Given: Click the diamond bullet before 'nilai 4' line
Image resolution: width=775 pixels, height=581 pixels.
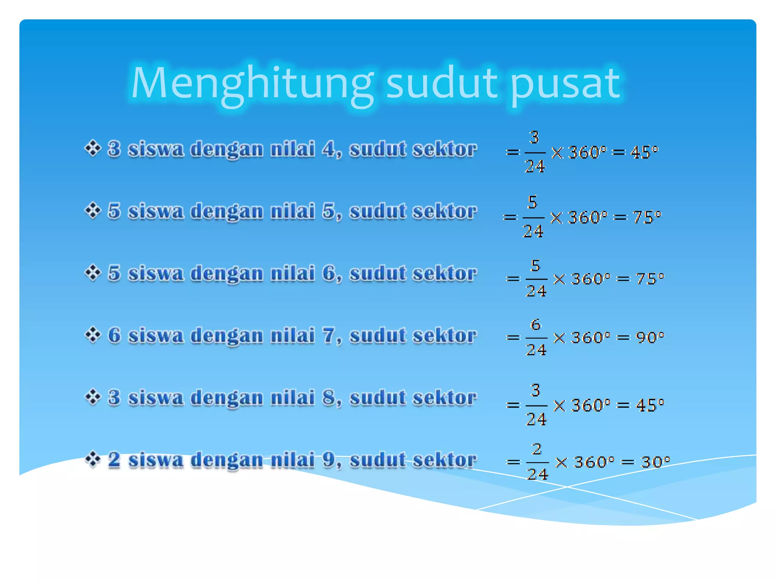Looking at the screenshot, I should pos(93,148).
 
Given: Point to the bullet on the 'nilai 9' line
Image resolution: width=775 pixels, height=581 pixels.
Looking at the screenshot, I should pos(93,459).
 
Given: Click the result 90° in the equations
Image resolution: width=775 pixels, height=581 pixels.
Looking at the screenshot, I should pos(650,337).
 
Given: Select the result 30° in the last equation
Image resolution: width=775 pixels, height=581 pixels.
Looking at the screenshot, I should pos(655,462).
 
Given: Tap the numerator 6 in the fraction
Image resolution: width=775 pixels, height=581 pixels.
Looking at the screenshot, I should pos(536,325).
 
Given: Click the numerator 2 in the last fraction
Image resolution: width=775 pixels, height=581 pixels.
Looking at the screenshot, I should pos(537,449).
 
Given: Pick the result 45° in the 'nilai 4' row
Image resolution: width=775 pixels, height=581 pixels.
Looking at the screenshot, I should pos(644,152).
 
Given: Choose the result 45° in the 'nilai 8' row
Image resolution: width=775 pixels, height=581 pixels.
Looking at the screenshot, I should pos(650,405).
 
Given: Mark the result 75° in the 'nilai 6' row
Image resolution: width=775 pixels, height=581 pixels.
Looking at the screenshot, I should pos(650,279).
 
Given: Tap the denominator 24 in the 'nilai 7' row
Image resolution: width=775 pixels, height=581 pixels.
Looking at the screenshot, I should pos(536,350).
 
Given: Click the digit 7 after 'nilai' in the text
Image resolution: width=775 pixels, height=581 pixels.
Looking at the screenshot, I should pos(328,335).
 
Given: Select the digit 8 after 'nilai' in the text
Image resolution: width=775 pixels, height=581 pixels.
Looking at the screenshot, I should pos(328,397).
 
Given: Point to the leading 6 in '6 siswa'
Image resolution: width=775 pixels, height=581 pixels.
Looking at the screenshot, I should pos(114,335).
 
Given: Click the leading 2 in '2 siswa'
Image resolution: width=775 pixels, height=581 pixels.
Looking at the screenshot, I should pos(114,459).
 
